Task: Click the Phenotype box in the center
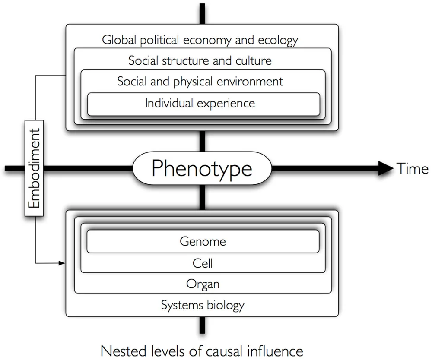click(x=202, y=168)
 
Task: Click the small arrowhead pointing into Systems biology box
click(x=61, y=262)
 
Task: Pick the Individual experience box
click(x=203, y=104)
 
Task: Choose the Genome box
click(x=203, y=241)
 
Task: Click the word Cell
click(x=203, y=263)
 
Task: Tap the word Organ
click(x=203, y=284)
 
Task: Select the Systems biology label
click(x=203, y=306)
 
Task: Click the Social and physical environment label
click(x=200, y=81)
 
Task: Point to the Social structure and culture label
click(x=200, y=60)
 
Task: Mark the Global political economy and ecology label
click(x=200, y=40)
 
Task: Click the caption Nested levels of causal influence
click(x=202, y=351)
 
